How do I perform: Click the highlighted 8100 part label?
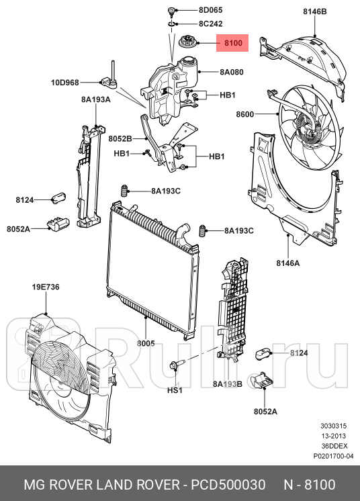click(232, 44)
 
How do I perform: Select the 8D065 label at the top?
click(210, 11)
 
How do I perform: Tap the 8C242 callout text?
click(210, 23)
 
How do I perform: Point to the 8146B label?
click(314, 12)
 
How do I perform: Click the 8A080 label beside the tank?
click(231, 71)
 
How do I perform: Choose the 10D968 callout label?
click(64, 83)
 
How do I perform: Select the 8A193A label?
click(96, 99)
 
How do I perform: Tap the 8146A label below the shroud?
click(288, 263)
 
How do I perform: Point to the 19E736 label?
click(46, 287)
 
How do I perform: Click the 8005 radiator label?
click(146, 343)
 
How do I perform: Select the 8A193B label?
click(227, 384)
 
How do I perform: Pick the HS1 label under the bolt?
click(175, 390)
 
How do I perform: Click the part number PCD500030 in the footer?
click(229, 484)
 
